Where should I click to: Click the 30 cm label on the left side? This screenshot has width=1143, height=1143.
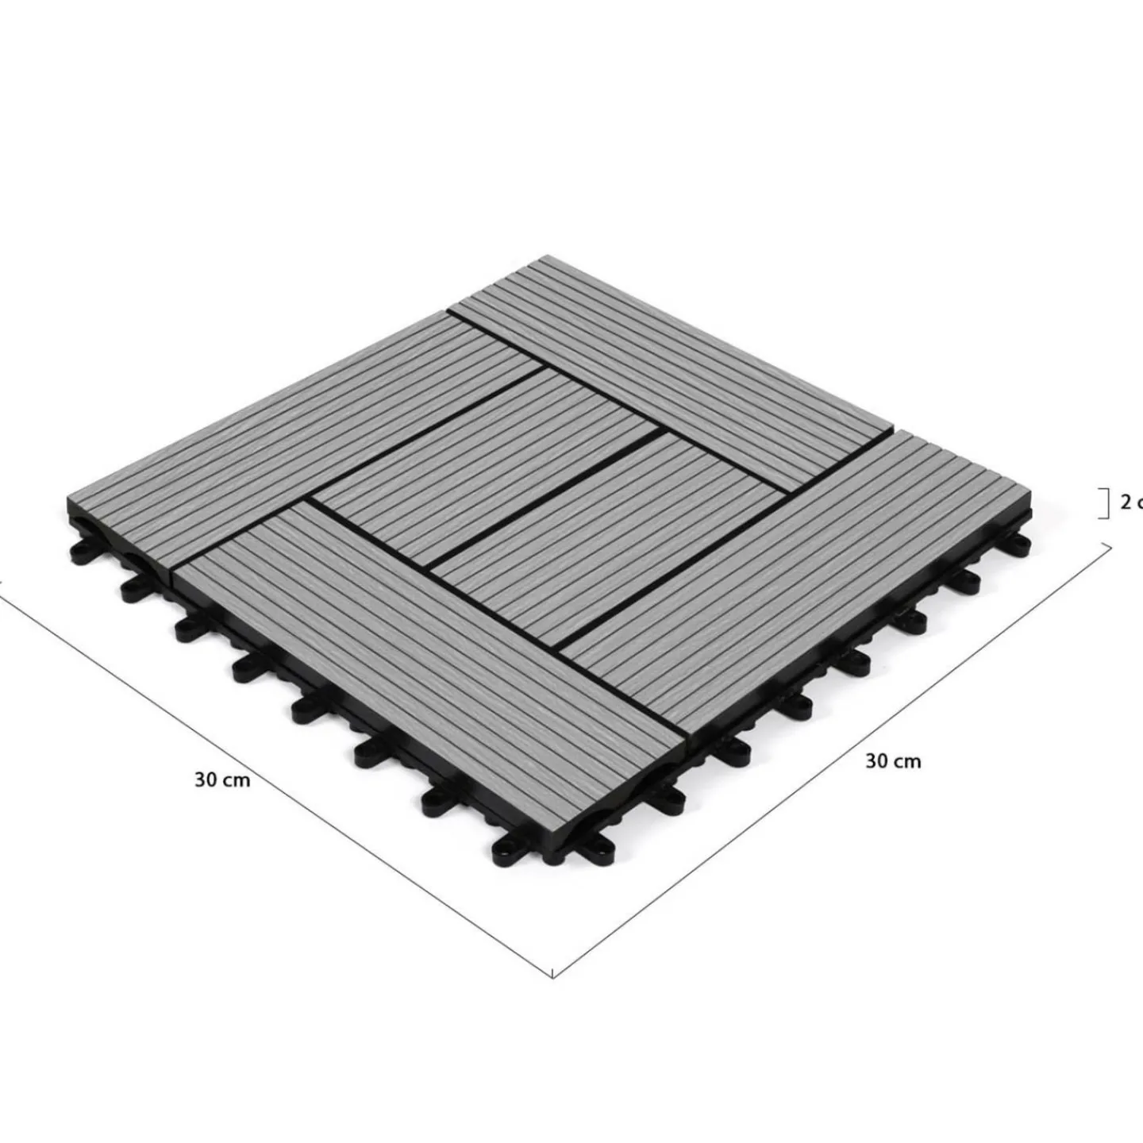coord(222,779)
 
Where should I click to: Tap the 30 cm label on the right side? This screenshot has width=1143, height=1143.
coord(893,760)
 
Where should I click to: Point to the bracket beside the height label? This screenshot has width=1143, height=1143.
coord(1105,504)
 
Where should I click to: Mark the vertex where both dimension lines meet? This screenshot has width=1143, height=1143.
coord(552,977)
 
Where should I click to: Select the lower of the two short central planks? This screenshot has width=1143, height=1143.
coord(603,524)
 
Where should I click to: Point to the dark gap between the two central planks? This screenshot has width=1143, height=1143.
coord(548,492)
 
